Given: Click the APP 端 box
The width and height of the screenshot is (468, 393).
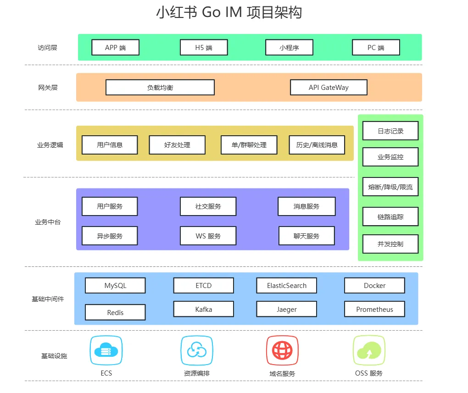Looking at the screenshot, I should (115, 47).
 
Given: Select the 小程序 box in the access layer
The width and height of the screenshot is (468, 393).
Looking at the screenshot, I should (289, 47).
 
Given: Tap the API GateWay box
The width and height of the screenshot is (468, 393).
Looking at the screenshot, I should (329, 87).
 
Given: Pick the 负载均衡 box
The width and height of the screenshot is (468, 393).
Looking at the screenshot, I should (160, 87).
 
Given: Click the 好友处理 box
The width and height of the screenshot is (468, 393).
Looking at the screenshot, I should (177, 145).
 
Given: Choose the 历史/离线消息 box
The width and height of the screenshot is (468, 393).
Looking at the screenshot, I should (317, 145).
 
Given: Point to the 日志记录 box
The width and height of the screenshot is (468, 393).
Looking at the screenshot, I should (390, 131).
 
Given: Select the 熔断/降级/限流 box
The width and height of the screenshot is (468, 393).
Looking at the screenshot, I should (390, 187).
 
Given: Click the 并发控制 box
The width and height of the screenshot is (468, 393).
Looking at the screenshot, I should (390, 244).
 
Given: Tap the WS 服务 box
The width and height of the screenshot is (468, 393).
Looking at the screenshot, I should (208, 236).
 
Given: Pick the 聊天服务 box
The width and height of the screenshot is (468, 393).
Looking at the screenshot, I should (306, 236).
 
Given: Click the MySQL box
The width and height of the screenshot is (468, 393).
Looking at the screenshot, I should (115, 285).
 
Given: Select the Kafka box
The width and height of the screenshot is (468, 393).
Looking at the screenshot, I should (203, 309).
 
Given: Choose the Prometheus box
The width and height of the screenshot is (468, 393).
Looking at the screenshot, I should (374, 309).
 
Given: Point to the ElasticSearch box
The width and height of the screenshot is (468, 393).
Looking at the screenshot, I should (287, 285).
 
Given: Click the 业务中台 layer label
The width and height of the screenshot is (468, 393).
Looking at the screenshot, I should (48, 222).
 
